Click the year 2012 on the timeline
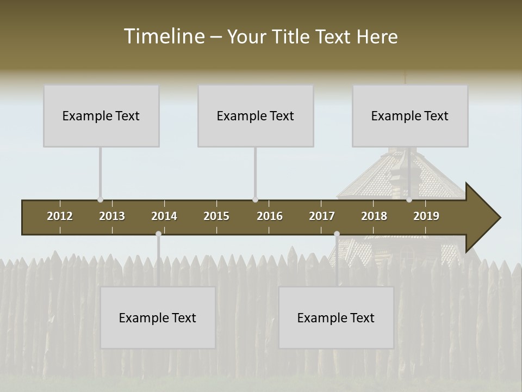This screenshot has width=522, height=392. [60, 216]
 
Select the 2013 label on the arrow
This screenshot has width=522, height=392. [112, 216]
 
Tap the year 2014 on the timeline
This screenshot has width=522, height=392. [164, 216]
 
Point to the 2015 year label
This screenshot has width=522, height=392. [216, 216]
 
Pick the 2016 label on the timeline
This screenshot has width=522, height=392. [270, 216]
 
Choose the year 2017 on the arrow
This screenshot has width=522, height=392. [322, 216]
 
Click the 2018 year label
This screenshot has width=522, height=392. [374, 216]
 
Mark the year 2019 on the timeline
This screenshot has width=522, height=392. [426, 216]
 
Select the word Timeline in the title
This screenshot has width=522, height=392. [164, 36]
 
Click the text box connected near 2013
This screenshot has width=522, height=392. [101, 115]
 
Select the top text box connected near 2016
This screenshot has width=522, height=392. [256, 115]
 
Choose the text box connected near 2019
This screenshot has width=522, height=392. [410, 115]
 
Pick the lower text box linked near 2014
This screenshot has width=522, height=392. [158, 317]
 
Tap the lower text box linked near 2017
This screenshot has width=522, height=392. [336, 317]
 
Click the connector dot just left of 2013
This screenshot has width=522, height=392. [100, 200]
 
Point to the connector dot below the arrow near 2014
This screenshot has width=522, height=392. [158, 234]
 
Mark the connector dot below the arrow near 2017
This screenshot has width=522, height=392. [337, 234]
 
